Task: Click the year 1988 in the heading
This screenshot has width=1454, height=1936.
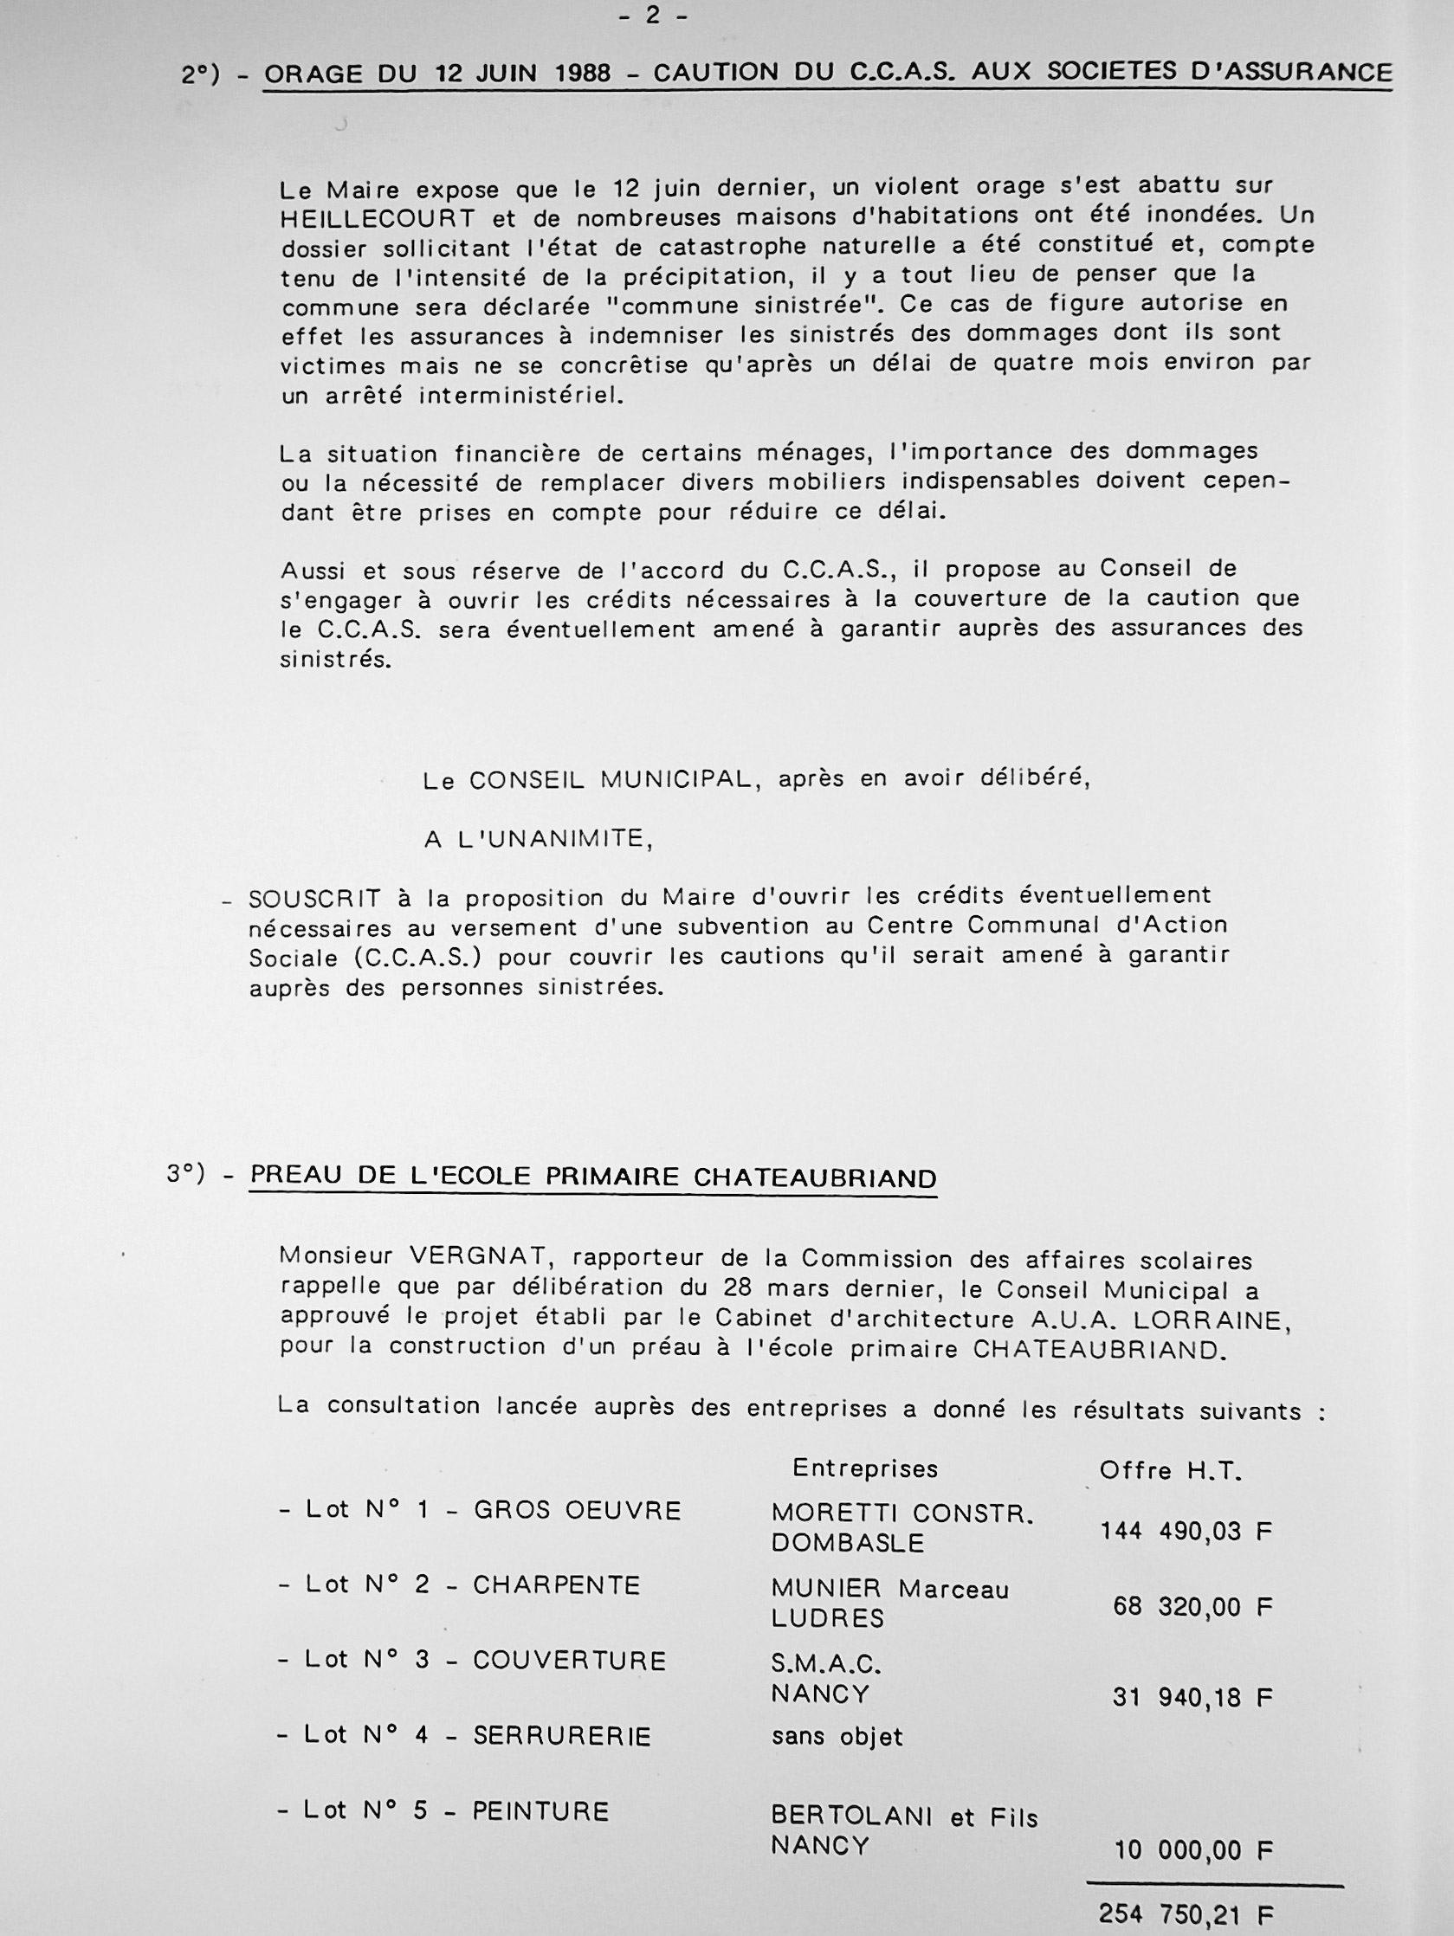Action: pyautogui.click(x=582, y=73)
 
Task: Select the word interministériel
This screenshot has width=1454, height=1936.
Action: pyautogui.click(x=521, y=396)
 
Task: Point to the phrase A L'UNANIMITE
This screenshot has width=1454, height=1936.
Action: pyautogui.click(x=539, y=838)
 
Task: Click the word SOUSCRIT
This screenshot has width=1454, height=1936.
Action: pyautogui.click(x=315, y=899)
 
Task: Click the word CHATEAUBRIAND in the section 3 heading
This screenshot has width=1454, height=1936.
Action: pyautogui.click(x=814, y=1178)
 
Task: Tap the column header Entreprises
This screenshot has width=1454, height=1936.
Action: pyautogui.click(x=865, y=1468)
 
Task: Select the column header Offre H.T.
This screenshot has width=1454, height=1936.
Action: pyautogui.click(x=1170, y=1470)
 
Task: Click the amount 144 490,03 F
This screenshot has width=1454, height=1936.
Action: pyautogui.click(x=1186, y=1531)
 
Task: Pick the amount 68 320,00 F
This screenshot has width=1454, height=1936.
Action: pyautogui.click(x=1192, y=1606)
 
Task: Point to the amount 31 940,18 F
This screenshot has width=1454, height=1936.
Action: pyautogui.click(x=1192, y=1697)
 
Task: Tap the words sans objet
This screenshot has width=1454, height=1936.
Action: pyautogui.click(x=836, y=1736)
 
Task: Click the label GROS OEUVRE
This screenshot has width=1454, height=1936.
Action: pyautogui.click(x=577, y=1511)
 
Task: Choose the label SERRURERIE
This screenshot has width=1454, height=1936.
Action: pyautogui.click(x=562, y=1736)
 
